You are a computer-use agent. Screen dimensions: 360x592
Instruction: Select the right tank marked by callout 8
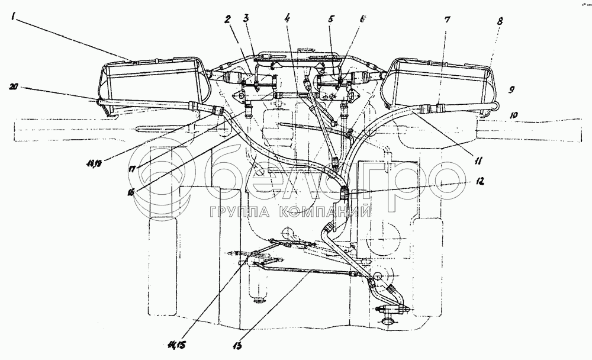pyautogui.click(x=438, y=83)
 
